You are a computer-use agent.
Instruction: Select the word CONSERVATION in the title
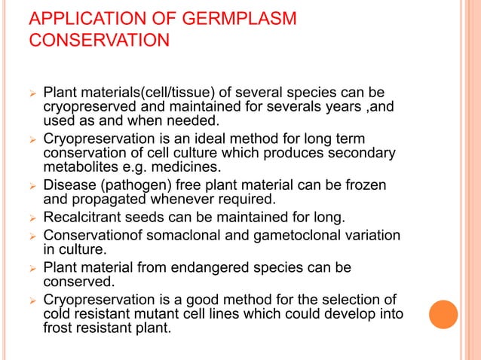click(x=94, y=39)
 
